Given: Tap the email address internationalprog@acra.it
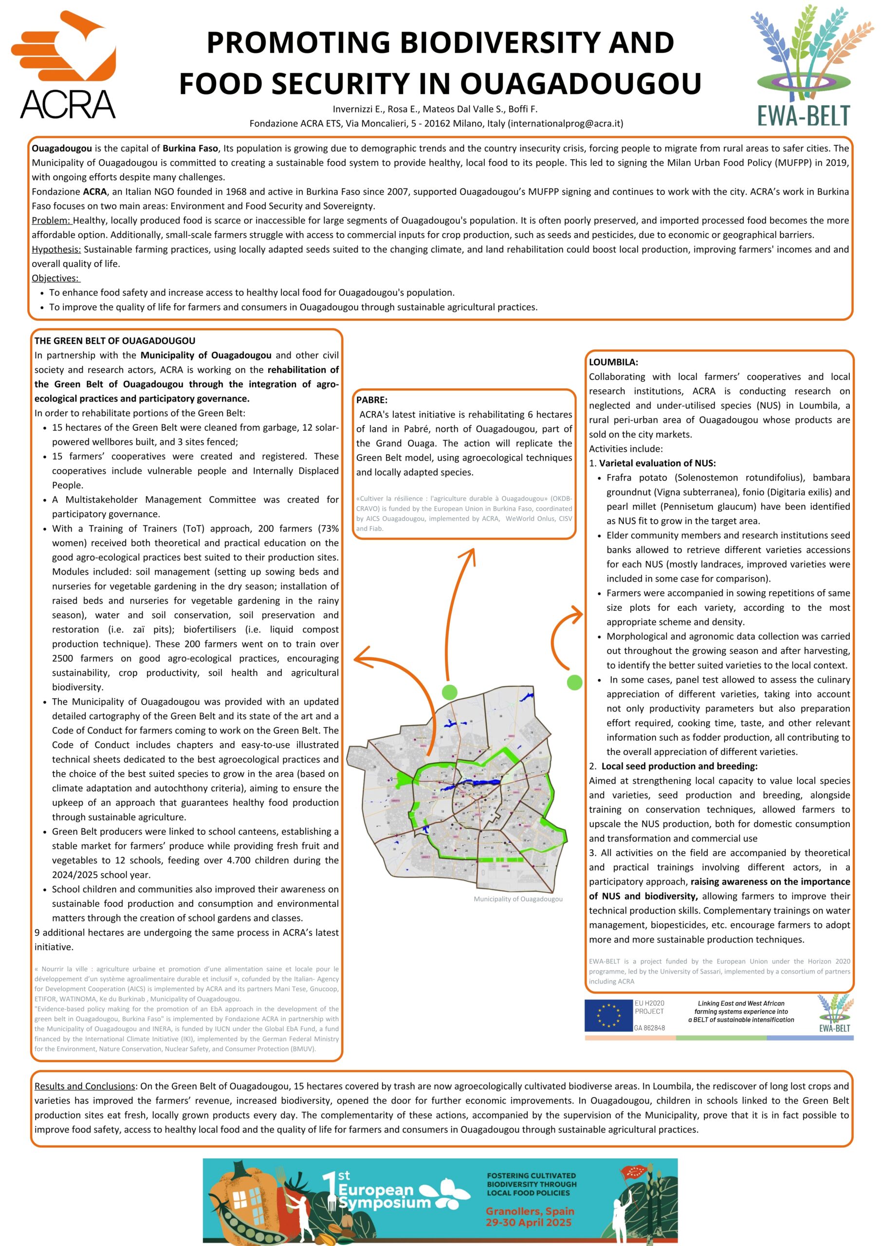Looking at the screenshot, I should point(566,123).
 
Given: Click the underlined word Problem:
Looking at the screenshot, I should point(52,220).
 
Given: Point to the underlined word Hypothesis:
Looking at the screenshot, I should point(56,249).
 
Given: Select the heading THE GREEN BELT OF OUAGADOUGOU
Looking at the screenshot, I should point(114,341).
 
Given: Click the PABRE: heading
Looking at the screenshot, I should point(372,400).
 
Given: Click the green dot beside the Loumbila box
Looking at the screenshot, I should point(574,682).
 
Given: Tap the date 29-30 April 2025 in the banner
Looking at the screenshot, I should point(529,1222).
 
